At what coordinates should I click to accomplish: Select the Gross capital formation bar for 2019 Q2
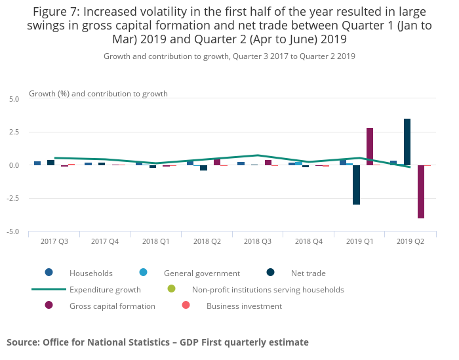[420, 191]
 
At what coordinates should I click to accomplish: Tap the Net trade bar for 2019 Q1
[356, 184]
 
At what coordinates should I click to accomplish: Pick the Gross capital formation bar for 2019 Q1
[370, 146]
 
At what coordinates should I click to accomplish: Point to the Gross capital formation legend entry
[112, 306]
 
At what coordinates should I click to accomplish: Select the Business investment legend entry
[244, 306]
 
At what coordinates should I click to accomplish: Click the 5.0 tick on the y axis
[14, 99]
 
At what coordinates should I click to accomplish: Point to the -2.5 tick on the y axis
[13, 199]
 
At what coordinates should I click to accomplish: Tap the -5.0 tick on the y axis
[13, 232]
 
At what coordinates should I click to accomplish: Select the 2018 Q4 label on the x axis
[308, 241]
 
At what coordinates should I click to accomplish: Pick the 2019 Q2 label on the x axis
[410, 241]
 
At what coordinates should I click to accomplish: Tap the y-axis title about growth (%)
[98, 94]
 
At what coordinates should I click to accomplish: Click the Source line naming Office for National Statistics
[157, 342]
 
